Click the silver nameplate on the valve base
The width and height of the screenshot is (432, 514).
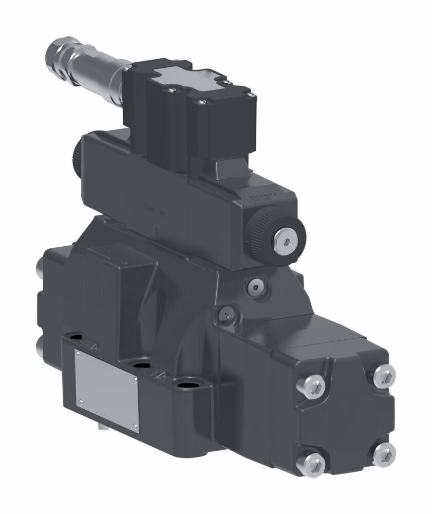(x=106, y=389)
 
